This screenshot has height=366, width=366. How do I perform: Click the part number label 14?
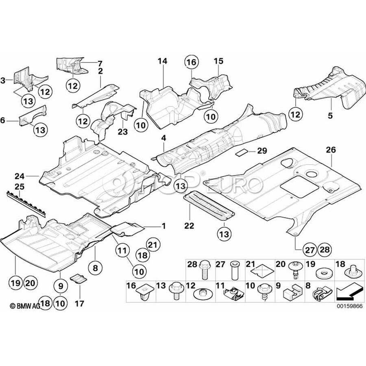(x=162, y=61)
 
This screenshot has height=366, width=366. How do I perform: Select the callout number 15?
(x=218, y=61)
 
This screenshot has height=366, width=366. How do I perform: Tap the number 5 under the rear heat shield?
(x=330, y=116)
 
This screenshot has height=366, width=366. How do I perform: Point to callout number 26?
(x=331, y=150)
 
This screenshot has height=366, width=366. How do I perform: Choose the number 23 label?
(x=123, y=131)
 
